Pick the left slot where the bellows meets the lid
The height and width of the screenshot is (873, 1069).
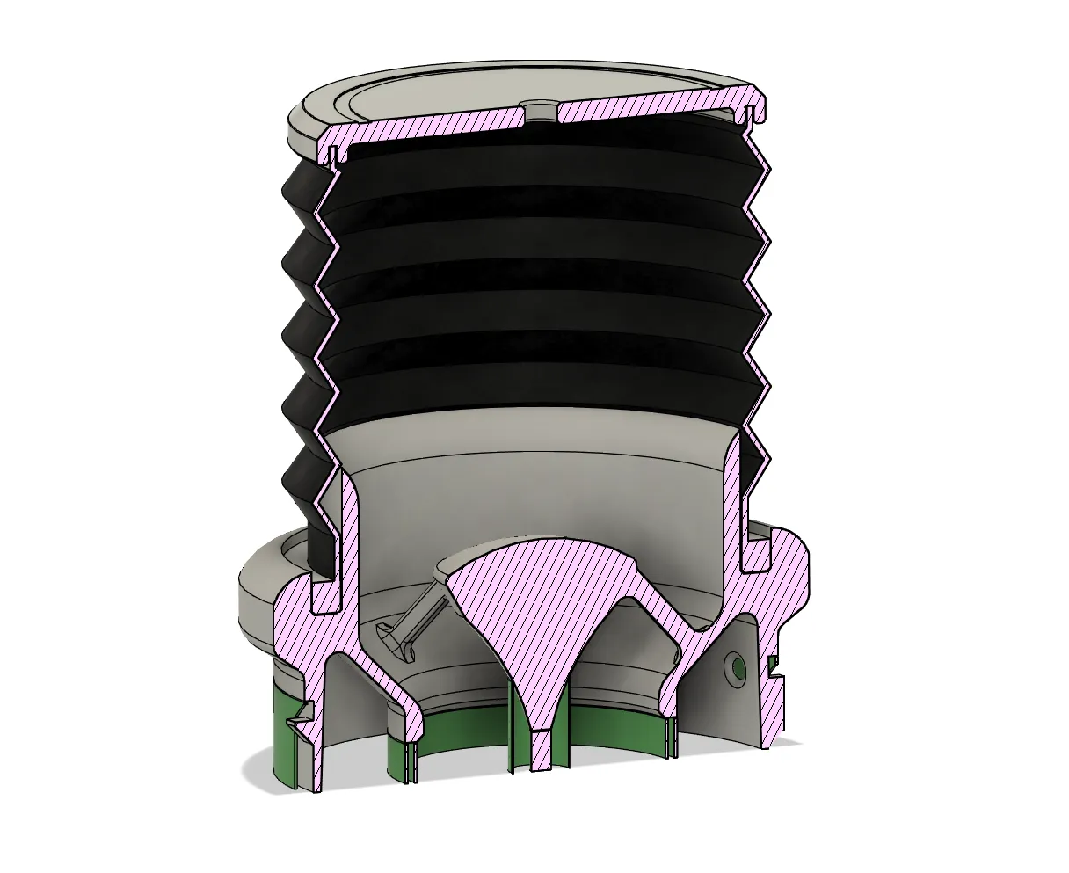pos(334,156)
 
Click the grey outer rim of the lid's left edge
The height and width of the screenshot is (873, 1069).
pos(303,132)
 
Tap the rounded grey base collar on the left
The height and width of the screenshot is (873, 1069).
pos(255,598)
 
